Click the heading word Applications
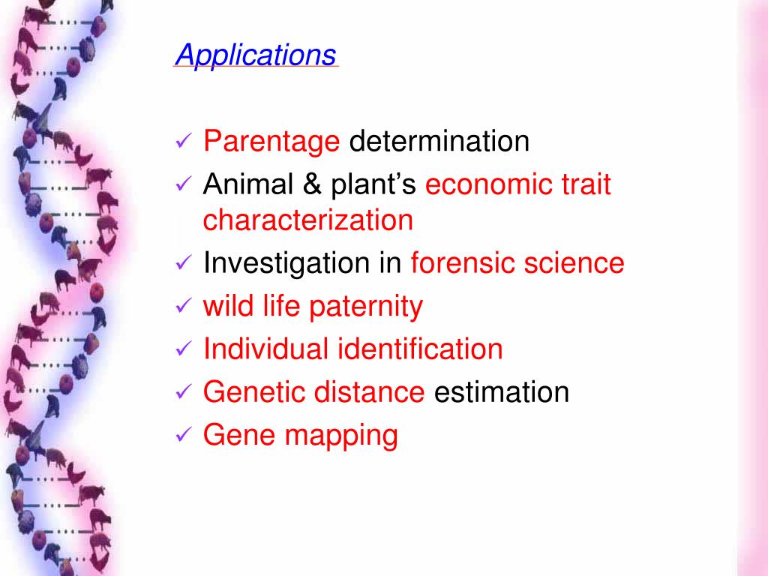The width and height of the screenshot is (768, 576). pyautogui.click(x=255, y=55)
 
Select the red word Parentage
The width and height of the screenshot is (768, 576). pyautogui.click(x=271, y=141)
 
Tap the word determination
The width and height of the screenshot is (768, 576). pyautogui.click(x=439, y=141)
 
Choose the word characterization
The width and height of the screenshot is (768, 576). pyautogui.click(x=307, y=220)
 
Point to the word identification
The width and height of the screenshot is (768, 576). pyautogui.click(x=421, y=349)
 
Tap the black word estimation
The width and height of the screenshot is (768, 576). pyautogui.click(x=502, y=391)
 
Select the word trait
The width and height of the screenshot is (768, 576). pyautogui.click(x=585, y=184)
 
